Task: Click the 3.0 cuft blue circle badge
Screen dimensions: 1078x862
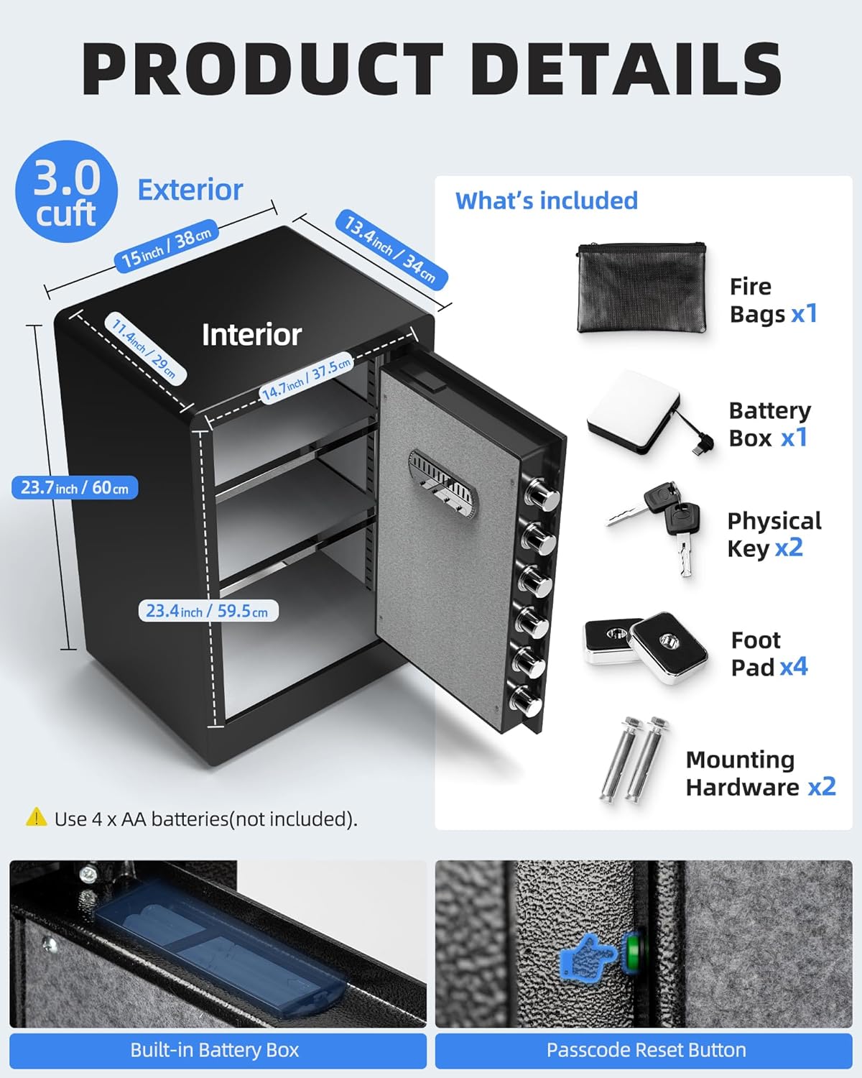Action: point(66,192)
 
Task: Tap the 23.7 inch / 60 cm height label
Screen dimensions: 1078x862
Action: point(75,488)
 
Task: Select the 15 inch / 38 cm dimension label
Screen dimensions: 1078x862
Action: point(166,247)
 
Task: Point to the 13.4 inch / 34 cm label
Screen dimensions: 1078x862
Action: point(390,250)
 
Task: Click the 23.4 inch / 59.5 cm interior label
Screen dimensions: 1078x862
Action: point(208,611)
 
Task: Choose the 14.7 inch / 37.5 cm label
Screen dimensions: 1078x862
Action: point(307,378)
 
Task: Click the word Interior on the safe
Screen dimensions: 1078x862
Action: point(251,335)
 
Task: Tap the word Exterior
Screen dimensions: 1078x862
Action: point(190,190)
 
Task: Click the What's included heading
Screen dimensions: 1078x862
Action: point(546,201)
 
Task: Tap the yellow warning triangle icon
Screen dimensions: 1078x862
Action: point(36,817)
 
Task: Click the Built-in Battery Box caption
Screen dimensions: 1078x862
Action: point(215,1050)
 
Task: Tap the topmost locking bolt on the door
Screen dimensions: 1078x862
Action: point(539,494)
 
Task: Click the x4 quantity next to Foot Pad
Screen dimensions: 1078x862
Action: point(794,667)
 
